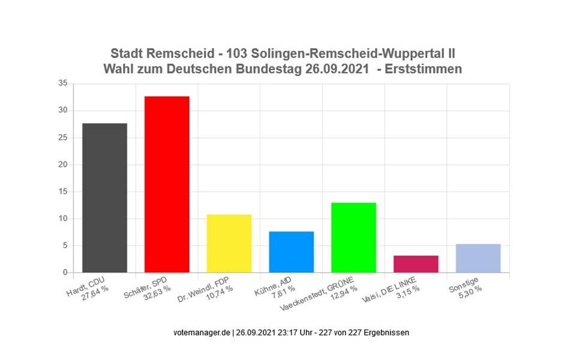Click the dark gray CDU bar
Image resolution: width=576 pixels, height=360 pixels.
[104, 198]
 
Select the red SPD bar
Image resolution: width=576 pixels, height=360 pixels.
[167, 184]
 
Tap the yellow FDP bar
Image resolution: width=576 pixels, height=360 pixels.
[229, 244]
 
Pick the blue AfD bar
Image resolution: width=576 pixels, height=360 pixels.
[291, 252]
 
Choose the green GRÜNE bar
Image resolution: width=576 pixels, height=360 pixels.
[353, 238]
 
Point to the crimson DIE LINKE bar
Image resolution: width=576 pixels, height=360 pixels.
[416, 264]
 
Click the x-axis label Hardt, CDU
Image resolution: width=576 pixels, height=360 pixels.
[88, 289]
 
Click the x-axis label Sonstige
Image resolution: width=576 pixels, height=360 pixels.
[463, 287]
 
